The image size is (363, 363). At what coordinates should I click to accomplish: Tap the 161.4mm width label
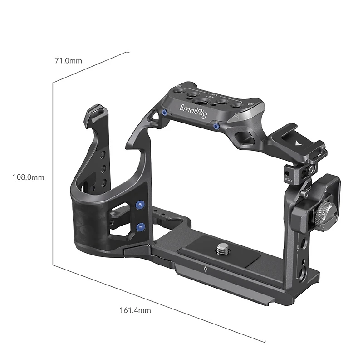pyautogui.click(x=135, y=310)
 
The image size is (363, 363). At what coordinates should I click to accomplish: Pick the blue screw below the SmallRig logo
pyautogui.click(x=217, y=127)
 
